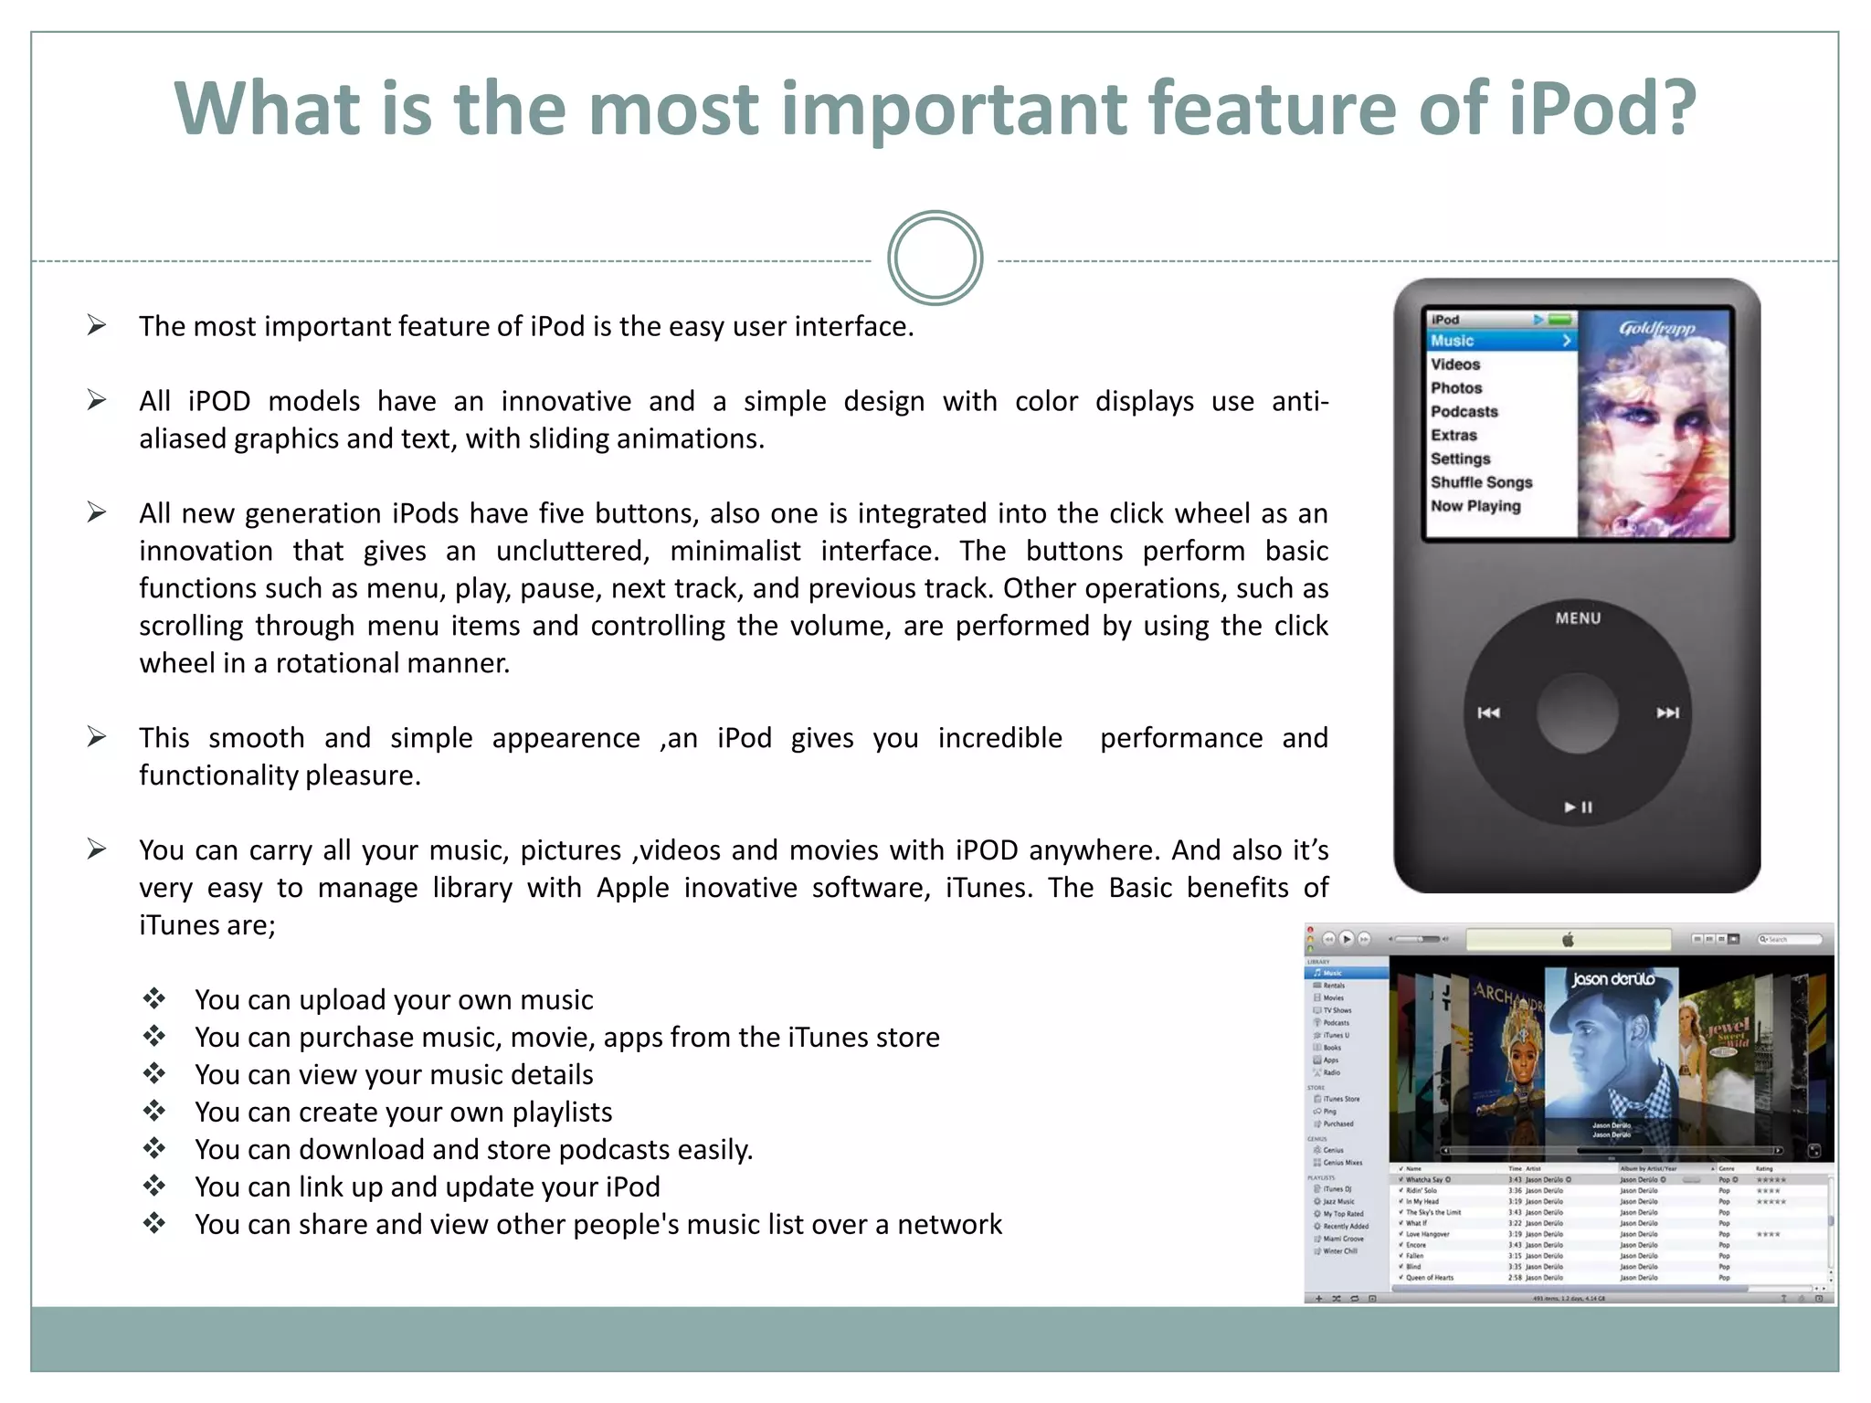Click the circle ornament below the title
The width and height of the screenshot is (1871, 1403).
click(x=935, y=258)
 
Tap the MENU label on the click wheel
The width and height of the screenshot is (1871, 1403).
click(x=1578, y=618)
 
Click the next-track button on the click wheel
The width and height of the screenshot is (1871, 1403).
click(x=1667, y=712)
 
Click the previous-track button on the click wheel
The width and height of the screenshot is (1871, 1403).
click(x=1488, y=712)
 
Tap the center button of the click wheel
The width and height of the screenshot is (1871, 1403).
click(x=1578, y=713)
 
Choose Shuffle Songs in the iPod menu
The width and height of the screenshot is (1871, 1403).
click(x=1481, y=482)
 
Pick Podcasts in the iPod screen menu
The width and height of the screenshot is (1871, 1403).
click(x=1464, y=412)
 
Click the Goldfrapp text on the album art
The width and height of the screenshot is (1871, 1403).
click(x=1656, y=329)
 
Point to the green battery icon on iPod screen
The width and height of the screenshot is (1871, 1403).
click(x=1560, y=320)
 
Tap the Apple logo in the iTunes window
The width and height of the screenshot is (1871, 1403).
click(x=1569, y=940)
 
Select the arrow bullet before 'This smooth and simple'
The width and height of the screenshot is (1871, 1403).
click(x=97, y=737)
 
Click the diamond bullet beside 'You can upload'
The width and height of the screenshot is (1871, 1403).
click(x=153, y=998)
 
